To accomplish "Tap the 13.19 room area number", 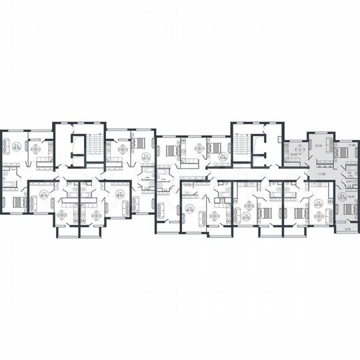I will point(319,145).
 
